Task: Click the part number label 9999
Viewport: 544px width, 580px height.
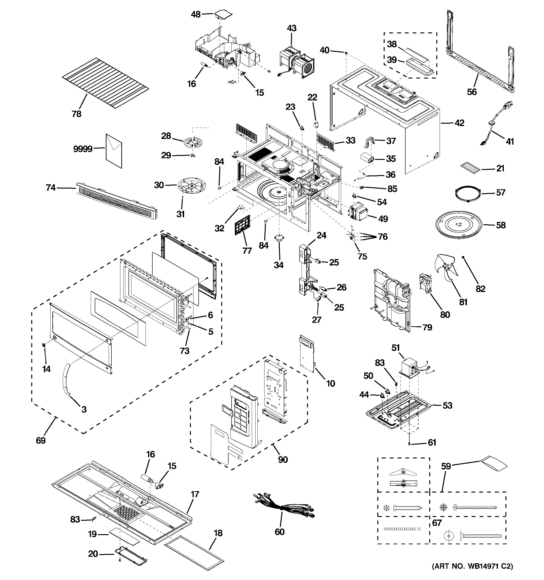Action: tap(83, 149)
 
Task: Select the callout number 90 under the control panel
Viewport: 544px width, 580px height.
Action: tap(283, 460)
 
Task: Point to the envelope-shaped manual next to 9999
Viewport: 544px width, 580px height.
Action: tap(114, 151)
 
